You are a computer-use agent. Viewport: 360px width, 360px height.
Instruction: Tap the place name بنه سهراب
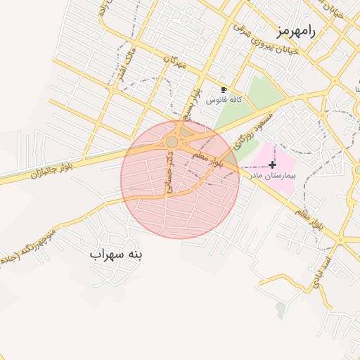(116, 254)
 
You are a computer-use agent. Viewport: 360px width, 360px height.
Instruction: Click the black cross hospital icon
(272, 164)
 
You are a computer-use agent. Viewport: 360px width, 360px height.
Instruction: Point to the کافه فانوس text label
(224, 100)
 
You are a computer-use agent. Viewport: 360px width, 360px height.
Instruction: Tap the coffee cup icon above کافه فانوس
(224, 90)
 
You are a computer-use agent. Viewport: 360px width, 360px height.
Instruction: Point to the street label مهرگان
(176, 62)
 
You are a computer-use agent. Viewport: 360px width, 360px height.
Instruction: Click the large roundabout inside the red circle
(172, 143)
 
